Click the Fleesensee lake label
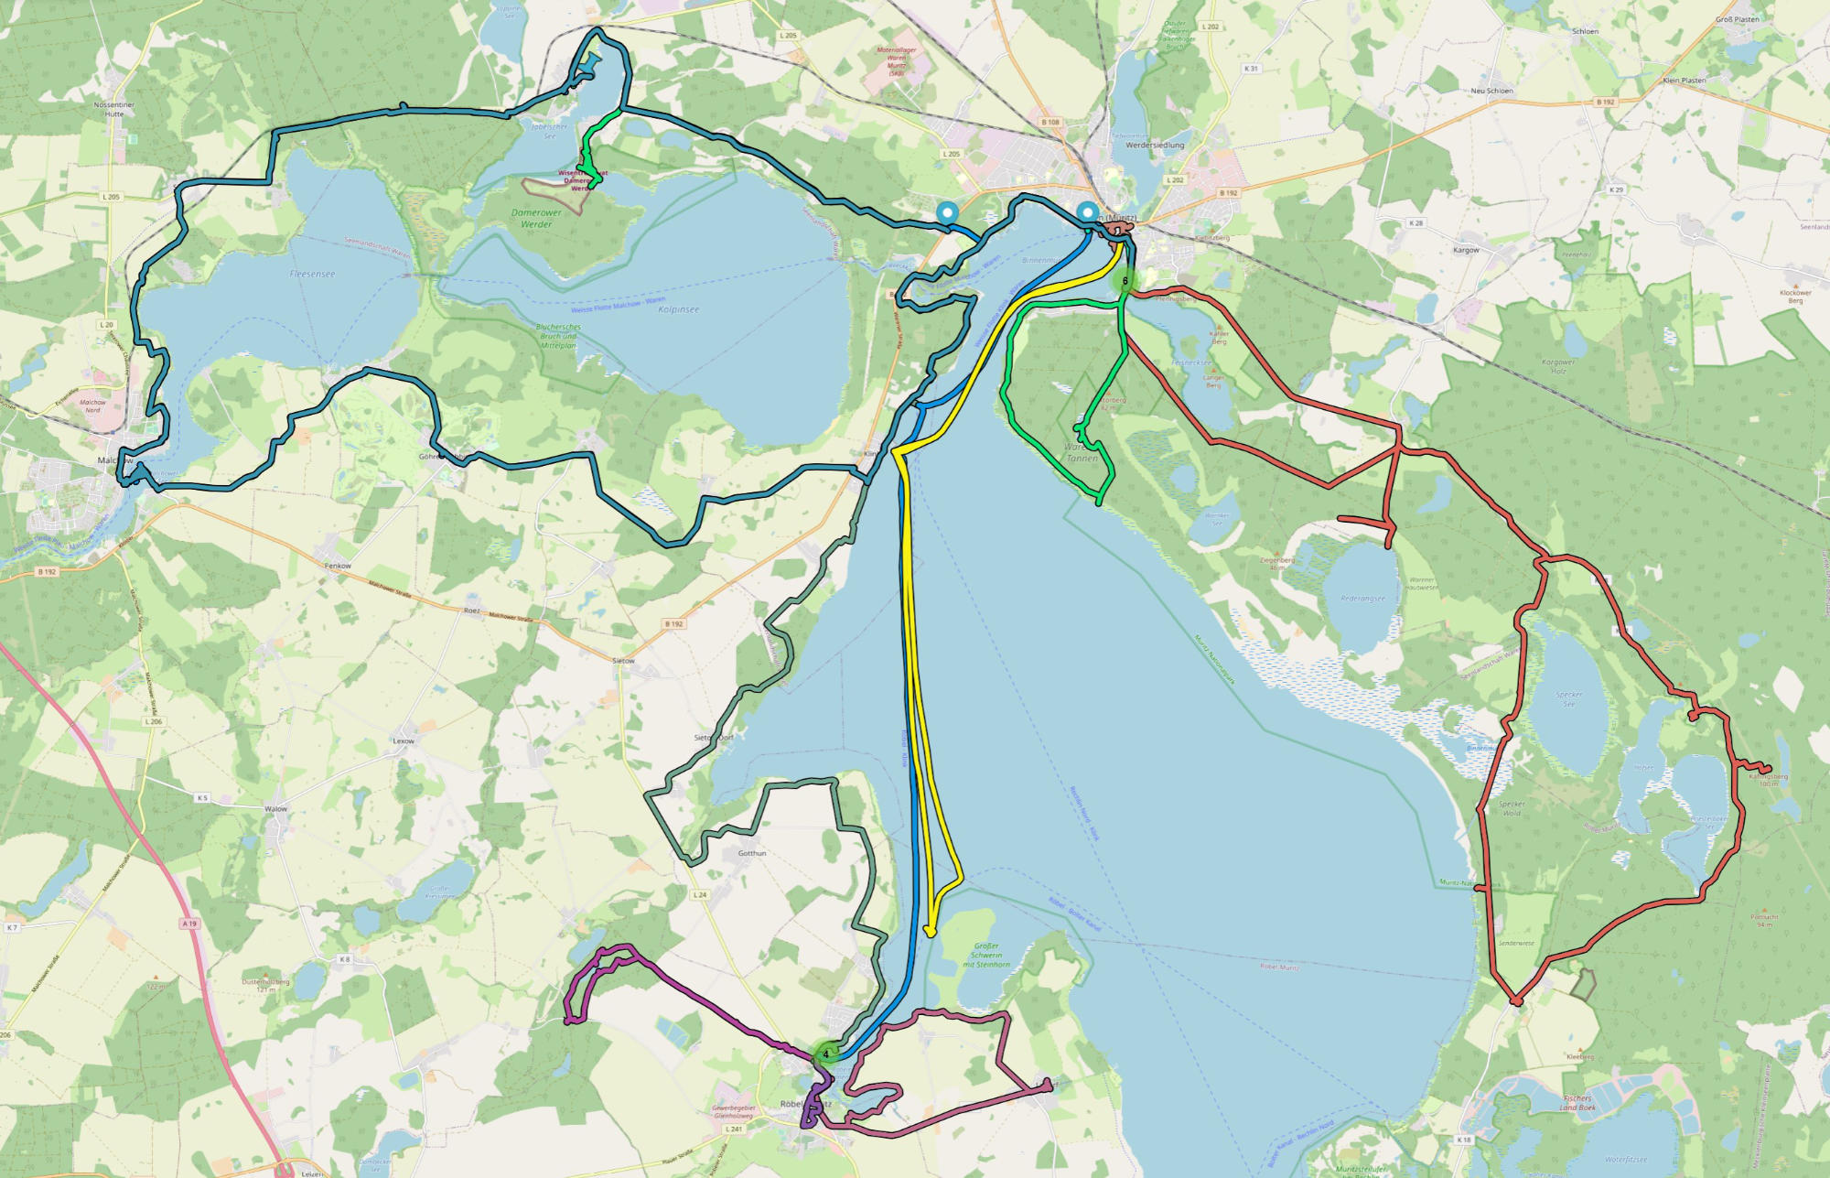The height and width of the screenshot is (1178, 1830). click(x=312, y=274)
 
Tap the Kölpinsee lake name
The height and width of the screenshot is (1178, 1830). click(x=678, y=309)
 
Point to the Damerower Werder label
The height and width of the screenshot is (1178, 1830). click(x=536, y=218)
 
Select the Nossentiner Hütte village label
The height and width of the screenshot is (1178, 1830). click(x=114, y=109)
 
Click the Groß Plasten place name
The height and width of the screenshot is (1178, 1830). click(x=1737, y=19)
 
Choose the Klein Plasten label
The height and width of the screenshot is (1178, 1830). click(x=1684, y=81)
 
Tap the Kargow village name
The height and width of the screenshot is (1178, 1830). click(x=1466, y=250)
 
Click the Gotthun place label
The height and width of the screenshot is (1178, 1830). click(x=752, y=853)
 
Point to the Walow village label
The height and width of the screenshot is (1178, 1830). click(x=275, y=809)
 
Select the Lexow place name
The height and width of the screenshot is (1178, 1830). click(x=404, y=740)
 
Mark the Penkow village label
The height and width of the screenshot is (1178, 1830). click(x=338, y=566)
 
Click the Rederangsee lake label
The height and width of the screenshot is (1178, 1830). click(x=1362, y=599)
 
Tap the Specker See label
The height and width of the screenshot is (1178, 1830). click(x=1568, y=698)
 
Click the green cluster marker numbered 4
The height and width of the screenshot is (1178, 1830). click(x=825, y=1054)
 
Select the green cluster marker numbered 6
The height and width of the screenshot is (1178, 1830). click(x=1125, y=281)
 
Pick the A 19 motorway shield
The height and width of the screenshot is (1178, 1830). click(x=189, y=924)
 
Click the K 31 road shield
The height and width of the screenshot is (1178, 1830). click(x=1251, y=69)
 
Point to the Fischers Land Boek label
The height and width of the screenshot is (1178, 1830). click(x=1577, y=1103)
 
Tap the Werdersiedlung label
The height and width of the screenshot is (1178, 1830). click(x=1155, y=145)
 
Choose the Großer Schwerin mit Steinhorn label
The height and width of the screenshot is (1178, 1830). click(x=986, y=955)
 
